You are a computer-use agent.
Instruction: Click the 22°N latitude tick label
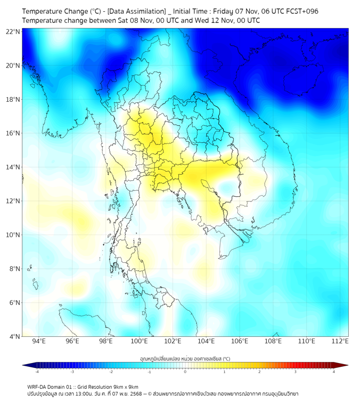(13, 31)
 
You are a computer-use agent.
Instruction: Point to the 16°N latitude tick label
(13, 133)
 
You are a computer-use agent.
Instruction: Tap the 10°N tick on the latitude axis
(13, 235)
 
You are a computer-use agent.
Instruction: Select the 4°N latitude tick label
(13, 336)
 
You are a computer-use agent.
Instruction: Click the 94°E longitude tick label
(39, 341)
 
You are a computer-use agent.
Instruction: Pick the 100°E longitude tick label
(140, 341)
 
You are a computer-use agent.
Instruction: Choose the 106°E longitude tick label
(240, 341)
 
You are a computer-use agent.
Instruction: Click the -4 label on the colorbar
(37, 372)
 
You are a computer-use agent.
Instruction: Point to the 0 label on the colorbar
(185, 372)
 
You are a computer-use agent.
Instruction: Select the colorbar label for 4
(334, 372)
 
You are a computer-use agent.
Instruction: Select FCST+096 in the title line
(301, 11)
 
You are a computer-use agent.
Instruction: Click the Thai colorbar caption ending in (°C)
(185, 358)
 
